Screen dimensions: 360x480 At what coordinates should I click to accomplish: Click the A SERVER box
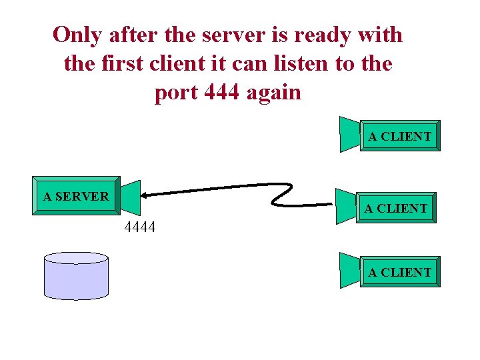click(75, 196)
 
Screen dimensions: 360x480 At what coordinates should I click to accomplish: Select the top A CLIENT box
click(399, 136)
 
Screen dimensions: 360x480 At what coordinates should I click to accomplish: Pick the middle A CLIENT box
click(395, 208)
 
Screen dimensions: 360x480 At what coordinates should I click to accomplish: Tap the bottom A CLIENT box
click(399, 272)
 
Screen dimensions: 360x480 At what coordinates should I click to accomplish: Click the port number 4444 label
click(140, 227)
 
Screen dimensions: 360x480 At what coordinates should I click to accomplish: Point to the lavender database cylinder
click(76, 276)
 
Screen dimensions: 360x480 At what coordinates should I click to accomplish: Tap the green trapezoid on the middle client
click(346, 207)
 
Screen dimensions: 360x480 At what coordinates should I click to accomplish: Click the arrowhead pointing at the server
click(146, 195)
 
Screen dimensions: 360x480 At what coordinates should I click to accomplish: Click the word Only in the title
click(75, 34)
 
